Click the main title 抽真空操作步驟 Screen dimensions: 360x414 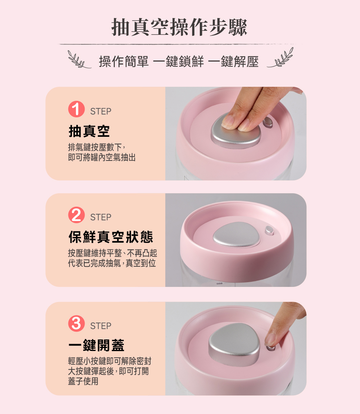click(179, 27)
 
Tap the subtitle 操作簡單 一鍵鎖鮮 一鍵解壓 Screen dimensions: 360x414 click(179, 62)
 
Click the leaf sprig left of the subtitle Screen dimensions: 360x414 click(79, 60)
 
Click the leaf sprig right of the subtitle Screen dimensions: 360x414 click(280, 58)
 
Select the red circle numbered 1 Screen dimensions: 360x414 click(76, 109)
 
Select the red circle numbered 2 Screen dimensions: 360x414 click(76, 215)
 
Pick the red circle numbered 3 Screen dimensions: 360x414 click(76, 323)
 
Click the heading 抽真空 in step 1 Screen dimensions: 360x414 click(89, 131)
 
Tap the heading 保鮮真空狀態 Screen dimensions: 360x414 click(111, 237)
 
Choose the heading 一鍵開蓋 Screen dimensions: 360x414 click(96, 345)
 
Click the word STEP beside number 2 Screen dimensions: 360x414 click(101, 217)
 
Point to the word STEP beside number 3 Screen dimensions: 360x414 click(101, 326)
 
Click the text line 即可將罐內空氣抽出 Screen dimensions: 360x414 click(102, 157)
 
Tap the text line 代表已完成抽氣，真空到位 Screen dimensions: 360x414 click(112, 263)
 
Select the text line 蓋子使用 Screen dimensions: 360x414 click(83, 381)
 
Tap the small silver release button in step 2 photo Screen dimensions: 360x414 click(269, 230)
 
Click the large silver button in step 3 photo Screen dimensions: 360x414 click(234, 344)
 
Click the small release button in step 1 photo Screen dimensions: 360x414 click(268, 122)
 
